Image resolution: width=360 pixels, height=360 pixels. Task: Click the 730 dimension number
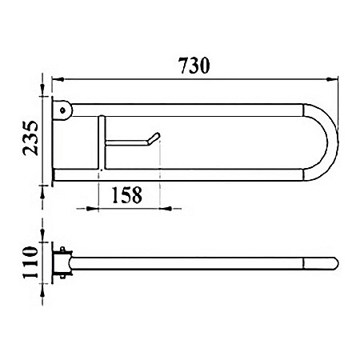pos(194,66)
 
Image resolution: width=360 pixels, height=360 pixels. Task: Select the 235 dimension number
pos(30,138)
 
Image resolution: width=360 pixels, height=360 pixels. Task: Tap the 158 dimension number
pos(127,195)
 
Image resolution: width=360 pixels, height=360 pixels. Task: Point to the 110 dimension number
pos(30,262)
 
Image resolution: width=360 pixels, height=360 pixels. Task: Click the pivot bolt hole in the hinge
pos(62,110)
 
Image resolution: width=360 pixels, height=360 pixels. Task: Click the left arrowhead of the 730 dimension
pos(58,79)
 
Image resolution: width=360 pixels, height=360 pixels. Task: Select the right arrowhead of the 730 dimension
pos(332,79)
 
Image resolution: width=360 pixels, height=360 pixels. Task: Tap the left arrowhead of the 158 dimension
pos(93,209)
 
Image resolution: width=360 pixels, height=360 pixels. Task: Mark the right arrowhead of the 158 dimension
pos(166,209)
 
